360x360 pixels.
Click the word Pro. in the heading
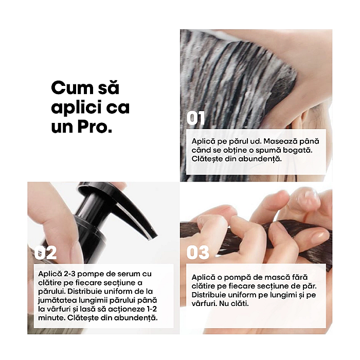pos(95,127)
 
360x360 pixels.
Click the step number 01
pos(195,118)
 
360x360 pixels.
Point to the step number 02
pos(45,253)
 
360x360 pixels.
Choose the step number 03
pos(197,253)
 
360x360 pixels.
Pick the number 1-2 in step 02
pos(151,309)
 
